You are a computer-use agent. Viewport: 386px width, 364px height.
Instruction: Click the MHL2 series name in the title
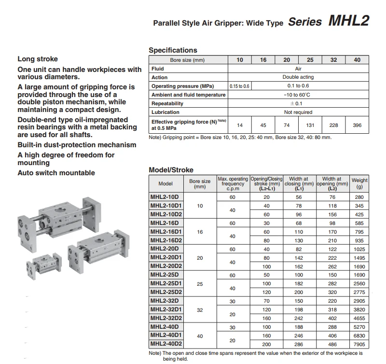click(348, 20)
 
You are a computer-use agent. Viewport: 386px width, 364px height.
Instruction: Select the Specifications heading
click(173, 50)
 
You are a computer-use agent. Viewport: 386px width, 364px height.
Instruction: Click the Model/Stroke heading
click(171, 170)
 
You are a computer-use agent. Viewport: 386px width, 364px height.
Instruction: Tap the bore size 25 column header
click(310, 60)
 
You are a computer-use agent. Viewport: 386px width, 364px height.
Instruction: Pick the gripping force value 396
click(357, 125)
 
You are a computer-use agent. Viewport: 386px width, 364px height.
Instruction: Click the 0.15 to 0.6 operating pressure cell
click(239, 86)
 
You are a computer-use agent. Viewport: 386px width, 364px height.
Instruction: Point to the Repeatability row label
click(167, 103)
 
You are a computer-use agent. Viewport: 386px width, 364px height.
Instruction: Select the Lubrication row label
click(165, 112)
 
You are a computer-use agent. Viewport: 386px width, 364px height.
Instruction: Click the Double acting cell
click(298, 77)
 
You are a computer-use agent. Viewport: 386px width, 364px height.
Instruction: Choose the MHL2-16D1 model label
click(166, 232)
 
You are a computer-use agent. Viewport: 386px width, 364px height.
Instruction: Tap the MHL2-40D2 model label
click(166, 344)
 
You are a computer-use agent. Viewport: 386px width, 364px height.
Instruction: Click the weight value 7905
click(359, 344)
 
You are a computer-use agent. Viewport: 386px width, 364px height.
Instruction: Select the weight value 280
click(359, 197)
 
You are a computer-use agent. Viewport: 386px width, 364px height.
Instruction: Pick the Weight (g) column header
click(359, 183)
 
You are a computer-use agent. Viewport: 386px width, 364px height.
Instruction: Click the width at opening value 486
click(332, 344)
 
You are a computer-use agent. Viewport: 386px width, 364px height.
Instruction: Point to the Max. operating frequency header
click(233, 183)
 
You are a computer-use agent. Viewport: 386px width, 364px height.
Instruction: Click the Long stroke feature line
click(38, 59)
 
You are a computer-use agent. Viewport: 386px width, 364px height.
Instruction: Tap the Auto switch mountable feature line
click(56, 173)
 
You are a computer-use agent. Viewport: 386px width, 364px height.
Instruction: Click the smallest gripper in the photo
click(44, 266)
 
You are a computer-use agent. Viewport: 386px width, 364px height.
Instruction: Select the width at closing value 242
click(299, 318)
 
